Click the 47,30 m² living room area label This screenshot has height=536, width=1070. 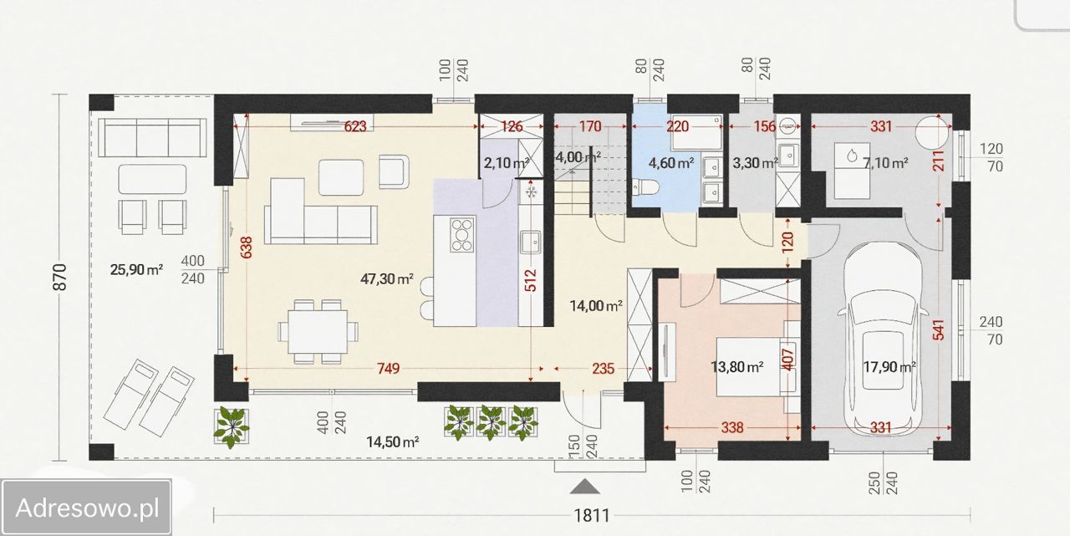coord(386,278)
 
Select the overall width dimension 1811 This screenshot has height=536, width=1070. coord(591,515)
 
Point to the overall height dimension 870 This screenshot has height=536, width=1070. coord(59,277)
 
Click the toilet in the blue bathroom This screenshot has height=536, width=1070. coord(645,187)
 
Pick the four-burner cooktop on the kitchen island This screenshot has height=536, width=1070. coord(462,235)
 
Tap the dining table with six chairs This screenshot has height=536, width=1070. coord(318,331)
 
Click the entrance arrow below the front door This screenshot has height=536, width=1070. coord(584,487)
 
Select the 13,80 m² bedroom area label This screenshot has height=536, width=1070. coord(736,367)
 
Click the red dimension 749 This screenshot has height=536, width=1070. coord(388,368)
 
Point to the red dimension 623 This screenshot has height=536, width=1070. coord(355,126)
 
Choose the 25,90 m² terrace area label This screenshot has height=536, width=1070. coord(136,269)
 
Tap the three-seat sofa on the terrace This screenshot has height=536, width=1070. coord(152,138)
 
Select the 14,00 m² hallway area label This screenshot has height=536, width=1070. coord(596,305)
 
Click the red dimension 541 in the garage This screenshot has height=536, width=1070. coord(939,329)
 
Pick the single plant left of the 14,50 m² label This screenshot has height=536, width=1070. coord(232,427)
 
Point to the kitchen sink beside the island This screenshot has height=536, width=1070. coord(531,243)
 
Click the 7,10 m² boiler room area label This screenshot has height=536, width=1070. coord(884,163)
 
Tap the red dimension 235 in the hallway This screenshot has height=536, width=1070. coord(603,368)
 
